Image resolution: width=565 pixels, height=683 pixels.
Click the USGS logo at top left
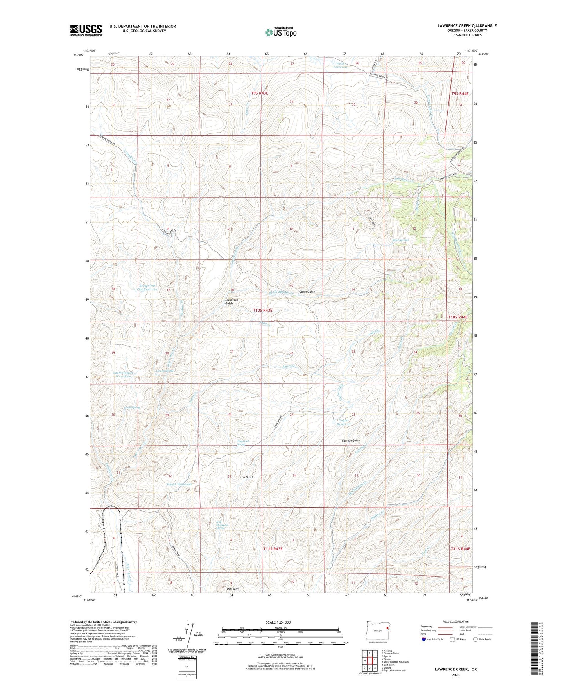pos(86,30)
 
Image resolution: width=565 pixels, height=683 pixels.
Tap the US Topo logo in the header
pos(280,32)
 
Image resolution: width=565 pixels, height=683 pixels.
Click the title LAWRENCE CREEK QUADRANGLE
pos(467,26)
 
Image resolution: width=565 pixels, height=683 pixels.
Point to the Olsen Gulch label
pos(307,291)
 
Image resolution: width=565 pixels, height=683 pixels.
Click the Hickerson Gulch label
pos(231,302)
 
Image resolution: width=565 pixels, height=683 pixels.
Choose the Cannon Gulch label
pos(351,440)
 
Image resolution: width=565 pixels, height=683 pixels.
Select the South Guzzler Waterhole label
pos(123,375)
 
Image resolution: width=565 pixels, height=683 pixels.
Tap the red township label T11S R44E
pos(460,549)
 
